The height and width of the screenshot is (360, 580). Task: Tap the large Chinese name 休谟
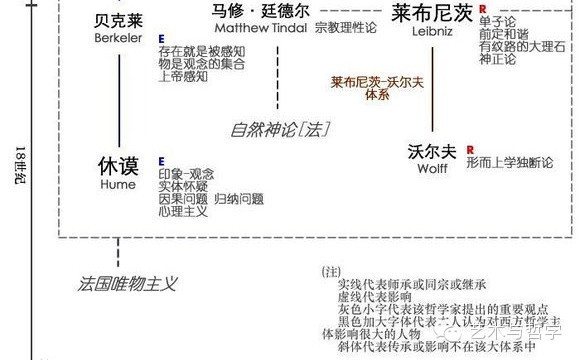pos(117,166)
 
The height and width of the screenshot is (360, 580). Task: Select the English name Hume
pos(117,185)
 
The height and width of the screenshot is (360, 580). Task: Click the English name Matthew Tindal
pos(257,29)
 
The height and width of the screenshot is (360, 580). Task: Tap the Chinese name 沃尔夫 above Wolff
pos(433,153)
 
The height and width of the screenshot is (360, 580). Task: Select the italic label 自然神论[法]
pos(279,129)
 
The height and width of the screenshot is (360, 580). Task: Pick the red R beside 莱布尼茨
pos(483,9)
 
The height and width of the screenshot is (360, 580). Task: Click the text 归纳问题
pos(239,200)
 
